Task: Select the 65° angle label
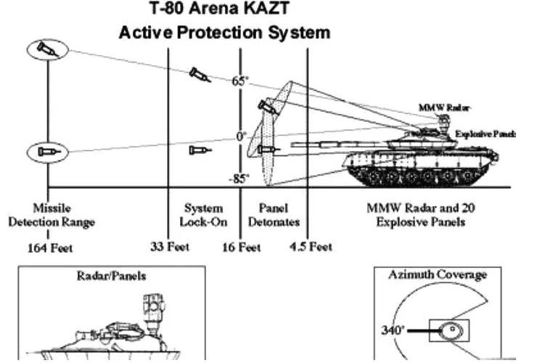(x=240, y=81)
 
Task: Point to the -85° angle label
(x=239, y=179)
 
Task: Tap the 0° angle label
(x=241, y=136)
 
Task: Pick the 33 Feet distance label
(x=169, y=247)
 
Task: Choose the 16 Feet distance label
(x=241, y=248)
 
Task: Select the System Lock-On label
(x=203, y=215)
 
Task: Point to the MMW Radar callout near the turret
(x=435, y=107)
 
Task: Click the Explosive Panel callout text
(x=475, y=134)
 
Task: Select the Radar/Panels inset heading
(x=110, y=276)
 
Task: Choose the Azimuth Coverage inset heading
(x=447, y=275)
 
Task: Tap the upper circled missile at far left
(x=49, y=50)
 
